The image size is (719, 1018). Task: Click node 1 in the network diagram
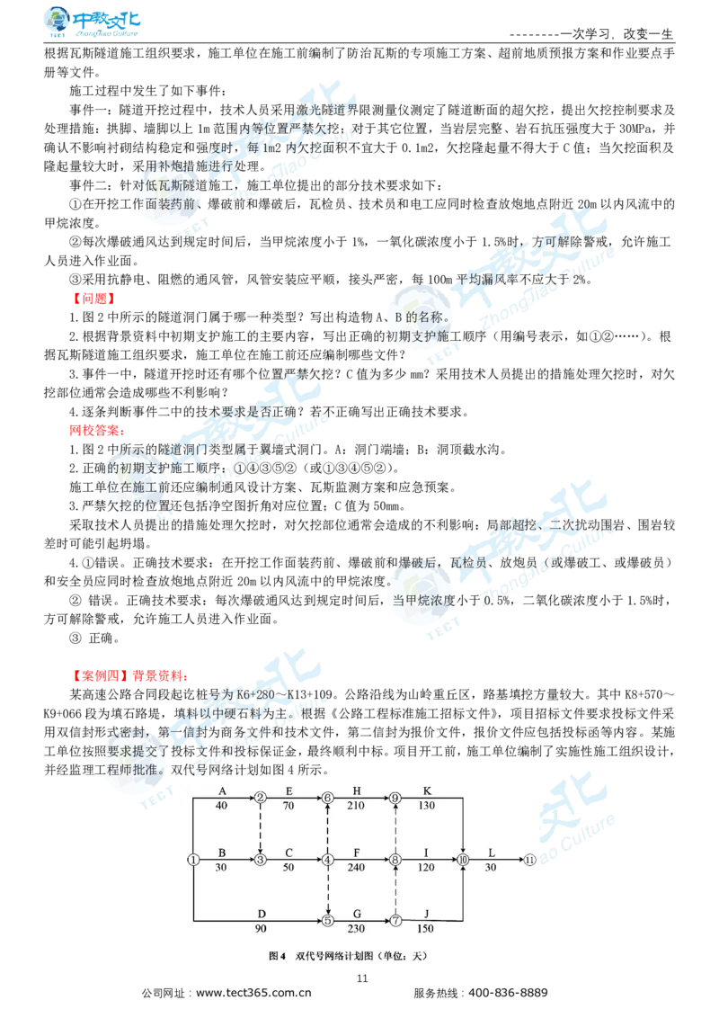(x=193, y=860)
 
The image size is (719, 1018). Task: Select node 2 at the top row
(x=261, y=798)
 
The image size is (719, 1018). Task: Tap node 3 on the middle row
(x=261, y=860)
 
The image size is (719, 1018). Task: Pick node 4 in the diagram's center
(x=328, y=860)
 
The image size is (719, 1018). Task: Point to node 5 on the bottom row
(x=328, y=920)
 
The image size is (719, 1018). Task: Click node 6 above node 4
(x=328, y=798)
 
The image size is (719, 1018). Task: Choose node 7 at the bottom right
(x=395, y=920)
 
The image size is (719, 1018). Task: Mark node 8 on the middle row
(x=395, y=860)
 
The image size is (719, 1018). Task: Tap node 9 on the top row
(x=395, y=798)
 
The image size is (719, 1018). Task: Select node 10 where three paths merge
(x=463, y=860)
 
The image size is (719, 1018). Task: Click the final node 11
(x=530, y=860)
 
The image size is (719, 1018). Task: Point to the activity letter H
(x=357, y=790)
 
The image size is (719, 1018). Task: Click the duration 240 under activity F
(x=358, y=868)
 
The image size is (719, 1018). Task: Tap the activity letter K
(x=427, y=790)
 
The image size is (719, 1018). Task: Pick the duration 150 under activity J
(x=426, y=929)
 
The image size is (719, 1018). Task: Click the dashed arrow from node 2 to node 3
(x=261, y=828)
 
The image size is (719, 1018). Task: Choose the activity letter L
(x=491, y=852)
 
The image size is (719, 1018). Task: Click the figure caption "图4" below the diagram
(x=277, y=956)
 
